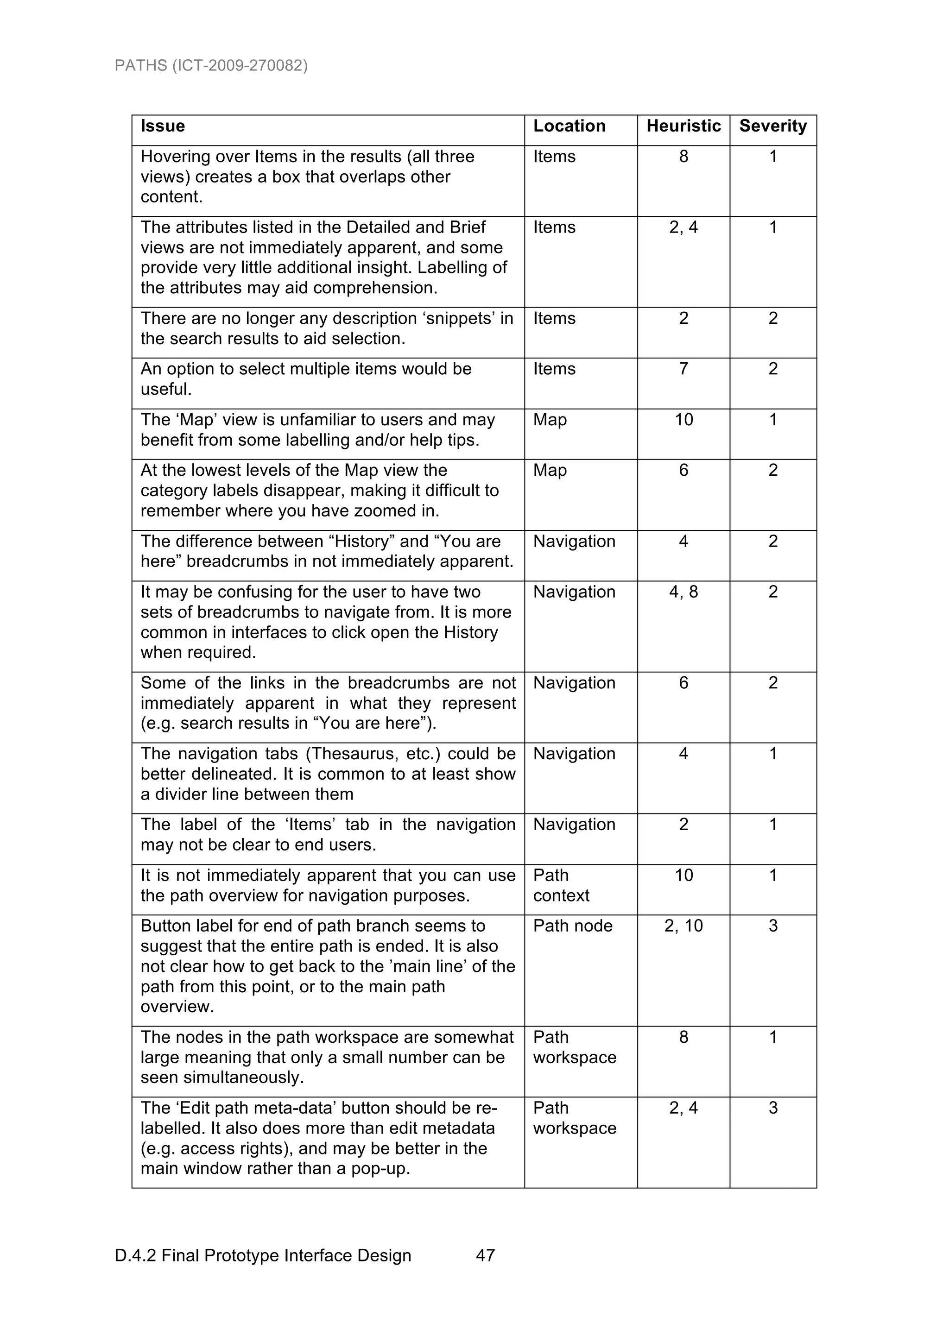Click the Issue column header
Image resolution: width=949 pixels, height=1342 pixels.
(163, 126)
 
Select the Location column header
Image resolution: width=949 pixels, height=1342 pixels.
(569, 126)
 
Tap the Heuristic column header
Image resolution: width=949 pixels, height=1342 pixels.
(683, 126)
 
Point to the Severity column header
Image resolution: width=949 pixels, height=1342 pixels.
(772, 126)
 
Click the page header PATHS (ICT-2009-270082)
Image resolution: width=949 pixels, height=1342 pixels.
(211, 65)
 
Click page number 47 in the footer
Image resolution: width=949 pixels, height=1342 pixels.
(485, 1255)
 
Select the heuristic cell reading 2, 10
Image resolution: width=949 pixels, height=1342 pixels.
(683, 926)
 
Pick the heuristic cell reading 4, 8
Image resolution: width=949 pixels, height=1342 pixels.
(683, 592)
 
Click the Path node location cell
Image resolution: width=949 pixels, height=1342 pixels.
(572, 926)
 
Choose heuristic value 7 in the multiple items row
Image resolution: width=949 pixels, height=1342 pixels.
(683, 369)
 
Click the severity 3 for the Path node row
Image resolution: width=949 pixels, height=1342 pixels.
(772, 926)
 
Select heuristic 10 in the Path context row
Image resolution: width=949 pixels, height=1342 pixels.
(683, 875)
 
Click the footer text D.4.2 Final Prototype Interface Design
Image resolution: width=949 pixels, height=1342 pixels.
(263, 1255)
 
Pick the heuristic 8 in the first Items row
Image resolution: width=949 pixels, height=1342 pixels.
(683, 157)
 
